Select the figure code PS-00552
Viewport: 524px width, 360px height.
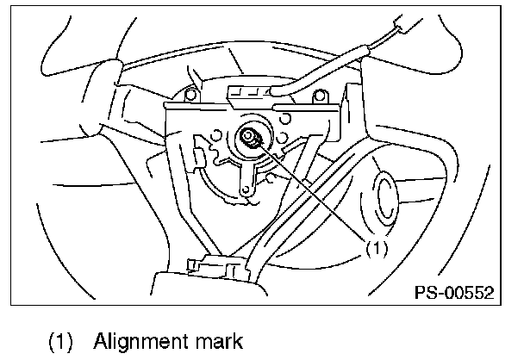(x=451, y=293)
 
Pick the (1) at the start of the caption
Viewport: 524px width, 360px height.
(x=59, y=339)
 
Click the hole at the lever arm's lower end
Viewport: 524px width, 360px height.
(x=247, y=186)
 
